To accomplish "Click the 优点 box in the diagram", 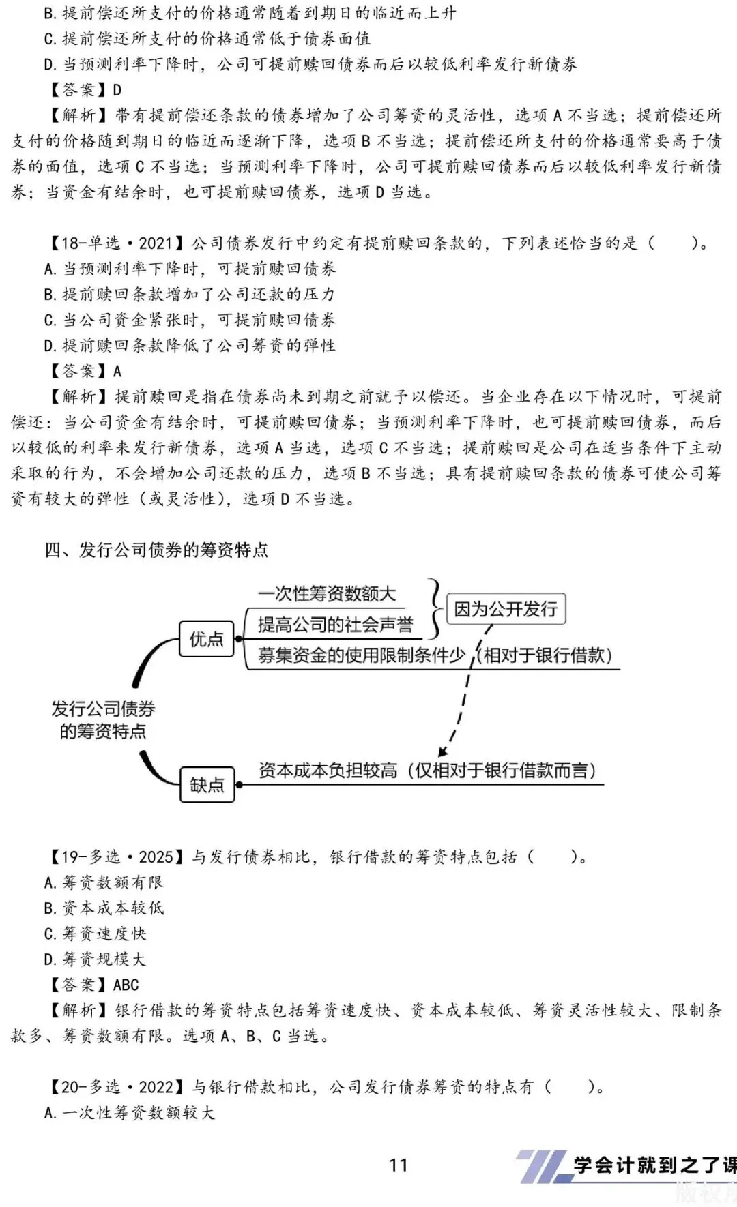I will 206,639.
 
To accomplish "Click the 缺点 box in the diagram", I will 207,784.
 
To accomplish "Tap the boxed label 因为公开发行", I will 506,609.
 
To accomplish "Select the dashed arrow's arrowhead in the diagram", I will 443,751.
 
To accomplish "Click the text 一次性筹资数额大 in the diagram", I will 327,594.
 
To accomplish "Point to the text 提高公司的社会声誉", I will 335,625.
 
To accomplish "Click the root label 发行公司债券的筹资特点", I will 103,720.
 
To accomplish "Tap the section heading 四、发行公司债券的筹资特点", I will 156,550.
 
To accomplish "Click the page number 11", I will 398,1165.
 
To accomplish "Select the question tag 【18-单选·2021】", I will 115,243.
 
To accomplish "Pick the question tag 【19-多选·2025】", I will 115,856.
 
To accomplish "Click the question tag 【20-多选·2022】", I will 115,1087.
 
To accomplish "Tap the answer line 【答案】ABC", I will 92,985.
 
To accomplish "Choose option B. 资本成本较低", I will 104,908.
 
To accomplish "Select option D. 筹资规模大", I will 95,959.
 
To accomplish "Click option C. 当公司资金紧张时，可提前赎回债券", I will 190,320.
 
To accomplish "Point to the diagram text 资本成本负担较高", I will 328,771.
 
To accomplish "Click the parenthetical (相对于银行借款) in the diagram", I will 544,655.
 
